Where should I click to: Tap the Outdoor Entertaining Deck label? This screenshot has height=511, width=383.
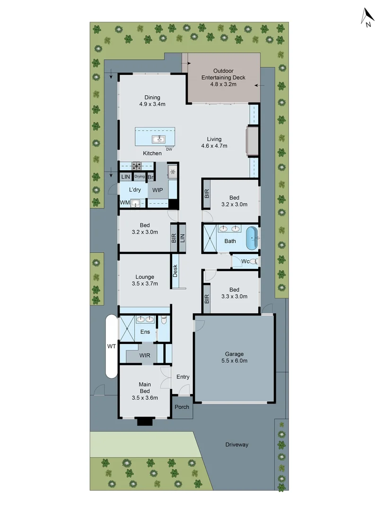click(223, 77)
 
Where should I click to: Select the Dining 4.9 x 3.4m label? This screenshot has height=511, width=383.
click(152, 100)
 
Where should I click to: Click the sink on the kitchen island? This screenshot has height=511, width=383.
click(158, 139)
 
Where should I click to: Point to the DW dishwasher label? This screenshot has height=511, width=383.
click(169, 150)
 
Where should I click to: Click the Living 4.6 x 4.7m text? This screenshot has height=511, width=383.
click(214, 142)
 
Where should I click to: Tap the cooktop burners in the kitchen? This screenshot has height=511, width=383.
click(137, 166)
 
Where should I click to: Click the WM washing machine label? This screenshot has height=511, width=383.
click(124, 203)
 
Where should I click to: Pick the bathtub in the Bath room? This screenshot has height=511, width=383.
click(252, 238)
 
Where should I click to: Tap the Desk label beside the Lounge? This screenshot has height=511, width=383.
click(175, 271)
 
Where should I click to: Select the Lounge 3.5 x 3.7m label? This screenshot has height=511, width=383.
click(145, 280)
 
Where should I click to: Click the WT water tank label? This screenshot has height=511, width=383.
click(111, 346)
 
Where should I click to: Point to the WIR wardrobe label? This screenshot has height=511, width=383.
click(145, 355)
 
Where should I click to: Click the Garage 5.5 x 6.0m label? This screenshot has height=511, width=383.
click(234, 357)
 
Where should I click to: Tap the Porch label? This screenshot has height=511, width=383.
click(182, 407)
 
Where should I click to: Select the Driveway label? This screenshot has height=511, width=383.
click(236, 445)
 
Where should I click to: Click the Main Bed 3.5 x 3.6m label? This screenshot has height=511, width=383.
click(145, 391)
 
